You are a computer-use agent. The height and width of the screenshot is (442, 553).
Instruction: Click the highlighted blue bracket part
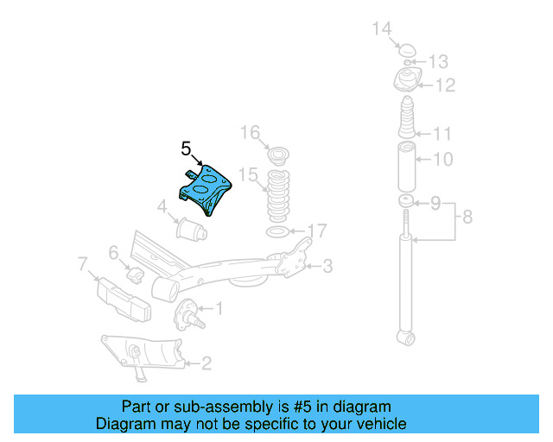pyautogui.click(x=207, y=188)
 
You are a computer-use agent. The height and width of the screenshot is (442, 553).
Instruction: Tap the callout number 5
pyautogui.click(x=187, y=148)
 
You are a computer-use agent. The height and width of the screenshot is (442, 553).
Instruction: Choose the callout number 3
pyautogui.click(x=327, y=267)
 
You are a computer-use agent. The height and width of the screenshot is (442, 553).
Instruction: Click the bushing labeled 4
pyautogui.click(x=189, y=230)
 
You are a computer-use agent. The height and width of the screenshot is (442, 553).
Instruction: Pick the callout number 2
pyautogui.click(x=206, y=363)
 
